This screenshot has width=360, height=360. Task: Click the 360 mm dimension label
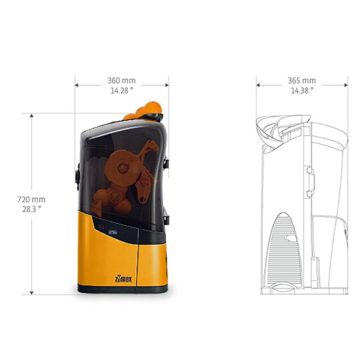click(121, 80)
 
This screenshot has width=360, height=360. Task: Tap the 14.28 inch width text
click(122, 91)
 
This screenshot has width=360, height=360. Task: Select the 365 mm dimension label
click(302, 80)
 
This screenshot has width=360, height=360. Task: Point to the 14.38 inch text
click(302, 91)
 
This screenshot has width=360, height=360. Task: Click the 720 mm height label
click(31, 199)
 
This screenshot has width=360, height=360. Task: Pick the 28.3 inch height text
click(32, 209)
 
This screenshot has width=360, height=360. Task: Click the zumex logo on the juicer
click(124, 279)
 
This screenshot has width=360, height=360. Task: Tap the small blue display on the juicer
click(113, 232)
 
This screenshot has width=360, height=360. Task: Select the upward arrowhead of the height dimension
click(31, 115)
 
